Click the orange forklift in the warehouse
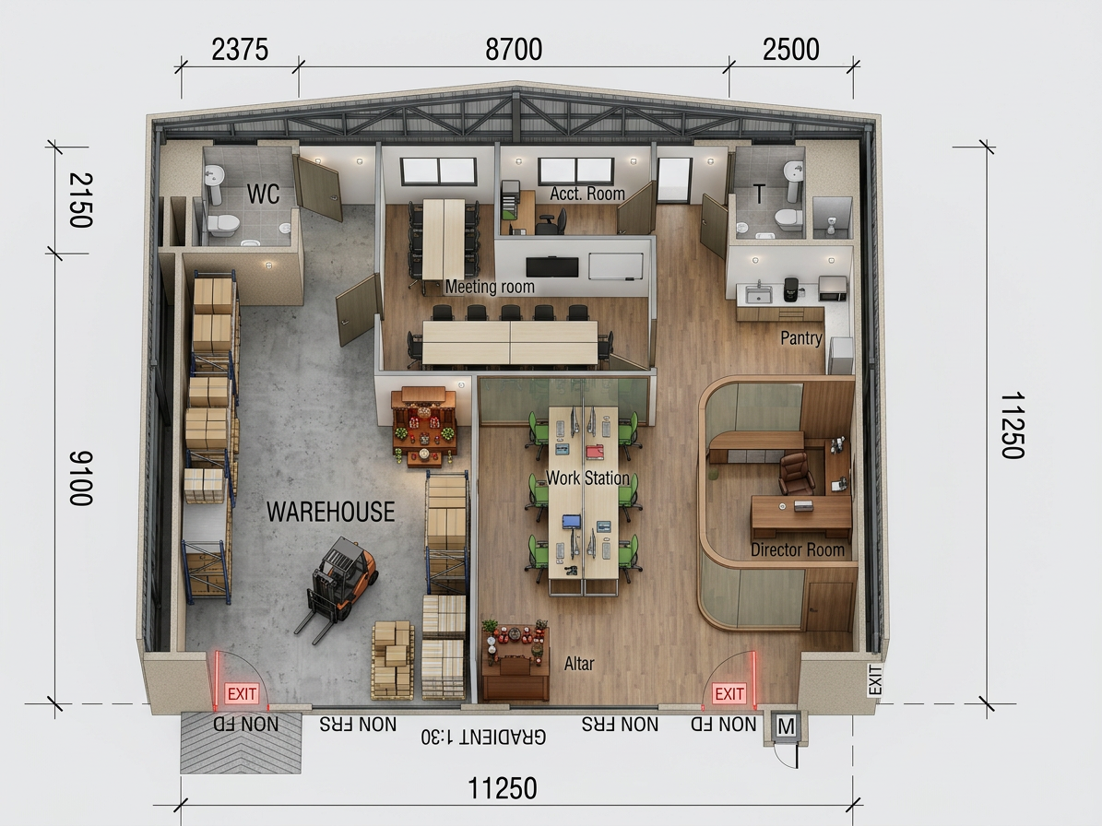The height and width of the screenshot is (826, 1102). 338,587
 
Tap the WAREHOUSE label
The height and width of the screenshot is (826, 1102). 330,512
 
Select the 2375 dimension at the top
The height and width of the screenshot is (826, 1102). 240,50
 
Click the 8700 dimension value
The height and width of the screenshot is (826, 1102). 514,50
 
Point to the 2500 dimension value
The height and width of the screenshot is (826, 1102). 790,50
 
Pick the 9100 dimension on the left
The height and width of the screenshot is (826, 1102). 81,478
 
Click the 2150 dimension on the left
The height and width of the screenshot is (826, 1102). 81,200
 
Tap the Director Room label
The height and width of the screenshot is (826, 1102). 798,549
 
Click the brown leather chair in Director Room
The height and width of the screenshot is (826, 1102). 796,473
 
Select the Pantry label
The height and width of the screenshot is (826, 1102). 801,337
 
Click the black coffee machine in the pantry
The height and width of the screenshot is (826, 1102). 791,289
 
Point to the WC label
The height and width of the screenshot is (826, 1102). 263,194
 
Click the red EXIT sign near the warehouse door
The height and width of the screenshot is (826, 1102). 242,694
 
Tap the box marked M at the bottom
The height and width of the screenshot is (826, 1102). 787,727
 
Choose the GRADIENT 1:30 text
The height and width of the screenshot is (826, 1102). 483,736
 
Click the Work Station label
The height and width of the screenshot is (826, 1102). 587,478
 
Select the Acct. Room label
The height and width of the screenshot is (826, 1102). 587,194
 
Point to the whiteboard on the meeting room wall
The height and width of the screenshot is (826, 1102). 616,266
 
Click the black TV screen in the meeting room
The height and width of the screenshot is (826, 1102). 552,267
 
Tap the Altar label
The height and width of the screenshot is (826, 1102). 579,664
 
